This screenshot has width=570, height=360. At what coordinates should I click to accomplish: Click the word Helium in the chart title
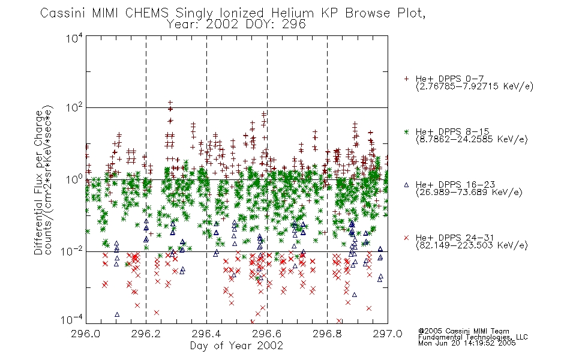tap(292, 13)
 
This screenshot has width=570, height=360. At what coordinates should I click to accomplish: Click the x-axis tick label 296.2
tap(146, 334)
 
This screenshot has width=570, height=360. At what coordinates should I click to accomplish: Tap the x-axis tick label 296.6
tap(267, 334)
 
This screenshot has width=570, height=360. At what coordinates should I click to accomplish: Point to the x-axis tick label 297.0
tap(388, 334)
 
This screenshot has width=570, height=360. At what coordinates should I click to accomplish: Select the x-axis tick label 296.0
tap(86, 334)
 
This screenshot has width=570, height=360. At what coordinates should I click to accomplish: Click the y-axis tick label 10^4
tap(74, 38)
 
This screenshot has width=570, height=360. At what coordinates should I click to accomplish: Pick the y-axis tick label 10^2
tap(74, 107)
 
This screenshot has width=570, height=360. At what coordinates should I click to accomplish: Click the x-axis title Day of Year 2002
tap(236, 346)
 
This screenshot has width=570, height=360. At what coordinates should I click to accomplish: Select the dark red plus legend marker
tap(406, 79)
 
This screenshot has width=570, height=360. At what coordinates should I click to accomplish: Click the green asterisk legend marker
tap(406, 131)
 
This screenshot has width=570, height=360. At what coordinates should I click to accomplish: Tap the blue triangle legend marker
tap(406, 185)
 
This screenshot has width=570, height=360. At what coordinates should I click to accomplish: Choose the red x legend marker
tap(406, 238)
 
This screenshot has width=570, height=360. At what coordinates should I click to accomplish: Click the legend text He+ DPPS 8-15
tap(452, 131)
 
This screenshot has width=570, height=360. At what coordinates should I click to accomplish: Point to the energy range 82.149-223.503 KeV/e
tap(472, 246)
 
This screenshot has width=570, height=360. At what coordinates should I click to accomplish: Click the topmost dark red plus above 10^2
tap(170, 103)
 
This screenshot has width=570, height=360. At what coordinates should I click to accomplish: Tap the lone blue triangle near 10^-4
tap(117, 314)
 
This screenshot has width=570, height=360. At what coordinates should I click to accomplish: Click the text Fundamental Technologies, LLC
tap(473, 337)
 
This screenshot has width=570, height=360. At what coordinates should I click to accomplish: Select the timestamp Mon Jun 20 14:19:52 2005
tap(467, 343)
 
